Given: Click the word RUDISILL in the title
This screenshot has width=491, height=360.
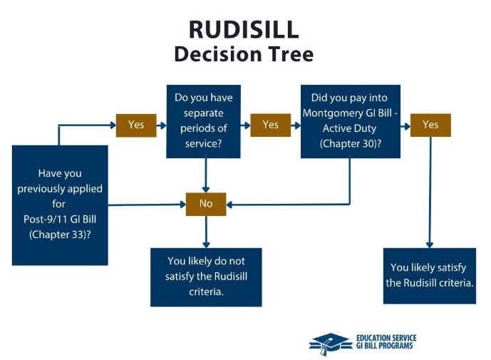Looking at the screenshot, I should [x=244, y=29].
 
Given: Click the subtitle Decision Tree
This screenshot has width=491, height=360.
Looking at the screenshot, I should [x=244, y=53].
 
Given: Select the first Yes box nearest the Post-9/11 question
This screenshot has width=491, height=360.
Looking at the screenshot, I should [x=136, y=125].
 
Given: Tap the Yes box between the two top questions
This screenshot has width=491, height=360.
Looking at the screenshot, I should [x=270, y=125].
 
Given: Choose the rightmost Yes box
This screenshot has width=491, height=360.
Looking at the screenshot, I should [x=430, y=125].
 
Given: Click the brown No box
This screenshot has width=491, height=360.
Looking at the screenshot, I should [x=206, y=204].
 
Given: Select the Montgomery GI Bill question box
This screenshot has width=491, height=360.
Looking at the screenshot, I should [x=350, y=121].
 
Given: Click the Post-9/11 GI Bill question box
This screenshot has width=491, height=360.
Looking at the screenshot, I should [x=60, y=205].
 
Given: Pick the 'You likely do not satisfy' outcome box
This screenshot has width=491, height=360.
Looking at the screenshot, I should [x=206, y=277].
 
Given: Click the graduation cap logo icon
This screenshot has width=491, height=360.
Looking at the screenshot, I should [x=331, y=343].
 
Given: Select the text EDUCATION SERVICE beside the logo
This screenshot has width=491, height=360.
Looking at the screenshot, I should [x=386, y=338].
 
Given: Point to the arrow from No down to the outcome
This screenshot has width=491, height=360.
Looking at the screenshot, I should [x=206, y=232].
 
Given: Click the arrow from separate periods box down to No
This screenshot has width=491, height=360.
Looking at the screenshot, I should [x=206, y=175].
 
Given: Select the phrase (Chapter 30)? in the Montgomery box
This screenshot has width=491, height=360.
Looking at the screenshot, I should [x=350, y=143].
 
